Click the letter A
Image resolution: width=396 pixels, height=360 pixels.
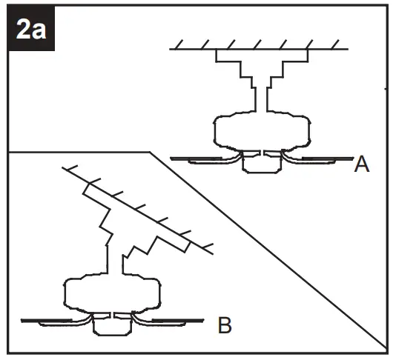(x=362, y=164)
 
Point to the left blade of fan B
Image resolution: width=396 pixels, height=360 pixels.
(x=52, y=321)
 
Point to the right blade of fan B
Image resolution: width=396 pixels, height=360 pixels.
(x=174, y=321)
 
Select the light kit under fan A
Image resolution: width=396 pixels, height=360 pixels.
(x=263, y=164)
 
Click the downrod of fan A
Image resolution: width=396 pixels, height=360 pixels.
(x=263, y=96)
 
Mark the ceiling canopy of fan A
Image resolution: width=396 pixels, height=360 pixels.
(x=262, y=63)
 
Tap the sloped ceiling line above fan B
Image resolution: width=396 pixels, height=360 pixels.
(x=148, y=210)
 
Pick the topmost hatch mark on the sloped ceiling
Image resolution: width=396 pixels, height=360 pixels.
(x=70, y=167)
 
